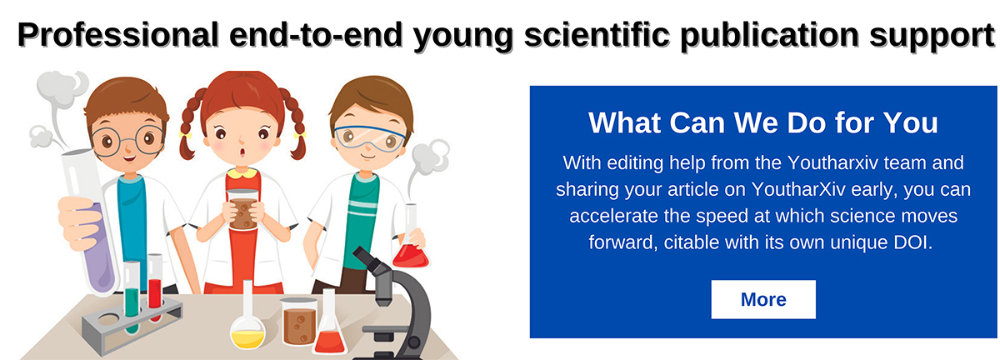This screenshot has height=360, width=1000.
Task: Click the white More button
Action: click(x=763, y=299)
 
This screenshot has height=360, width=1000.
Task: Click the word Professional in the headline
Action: click(x=117, y=35)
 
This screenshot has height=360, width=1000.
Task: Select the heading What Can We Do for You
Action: click(x=763, y=122)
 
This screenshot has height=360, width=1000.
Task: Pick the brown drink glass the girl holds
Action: click(x=242, y=209)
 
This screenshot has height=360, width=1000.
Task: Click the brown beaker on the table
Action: click(x=298, y=321)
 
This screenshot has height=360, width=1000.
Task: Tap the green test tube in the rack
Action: click(x=132, y=297)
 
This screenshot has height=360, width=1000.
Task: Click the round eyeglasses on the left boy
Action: click(x=128, y=140)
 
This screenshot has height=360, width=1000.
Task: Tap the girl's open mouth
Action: click(x=242, y=152)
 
